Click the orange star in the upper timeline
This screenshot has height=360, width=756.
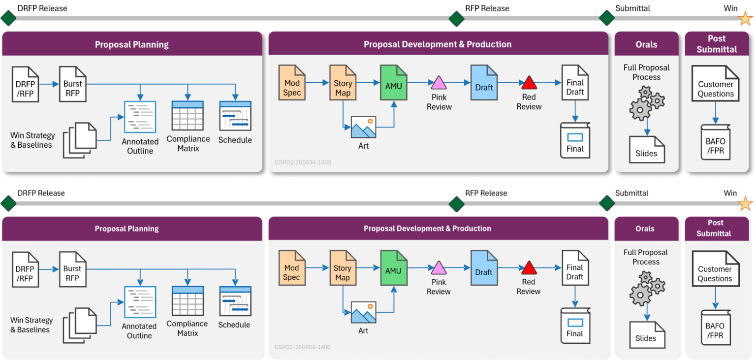746,19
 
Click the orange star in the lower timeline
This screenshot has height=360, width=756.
746,203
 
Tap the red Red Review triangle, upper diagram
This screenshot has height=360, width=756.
529,82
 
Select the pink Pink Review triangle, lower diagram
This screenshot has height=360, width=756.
439,268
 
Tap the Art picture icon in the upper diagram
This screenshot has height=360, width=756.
363,127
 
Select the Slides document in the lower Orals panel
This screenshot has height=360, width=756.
646,334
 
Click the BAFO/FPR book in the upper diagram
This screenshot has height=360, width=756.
715,142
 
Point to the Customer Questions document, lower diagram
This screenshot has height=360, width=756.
715,269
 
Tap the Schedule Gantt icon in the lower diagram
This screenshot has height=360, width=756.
235,301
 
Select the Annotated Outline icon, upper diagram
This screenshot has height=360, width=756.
140,117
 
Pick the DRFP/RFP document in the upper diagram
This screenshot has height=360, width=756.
26,84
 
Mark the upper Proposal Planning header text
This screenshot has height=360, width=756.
132,44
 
